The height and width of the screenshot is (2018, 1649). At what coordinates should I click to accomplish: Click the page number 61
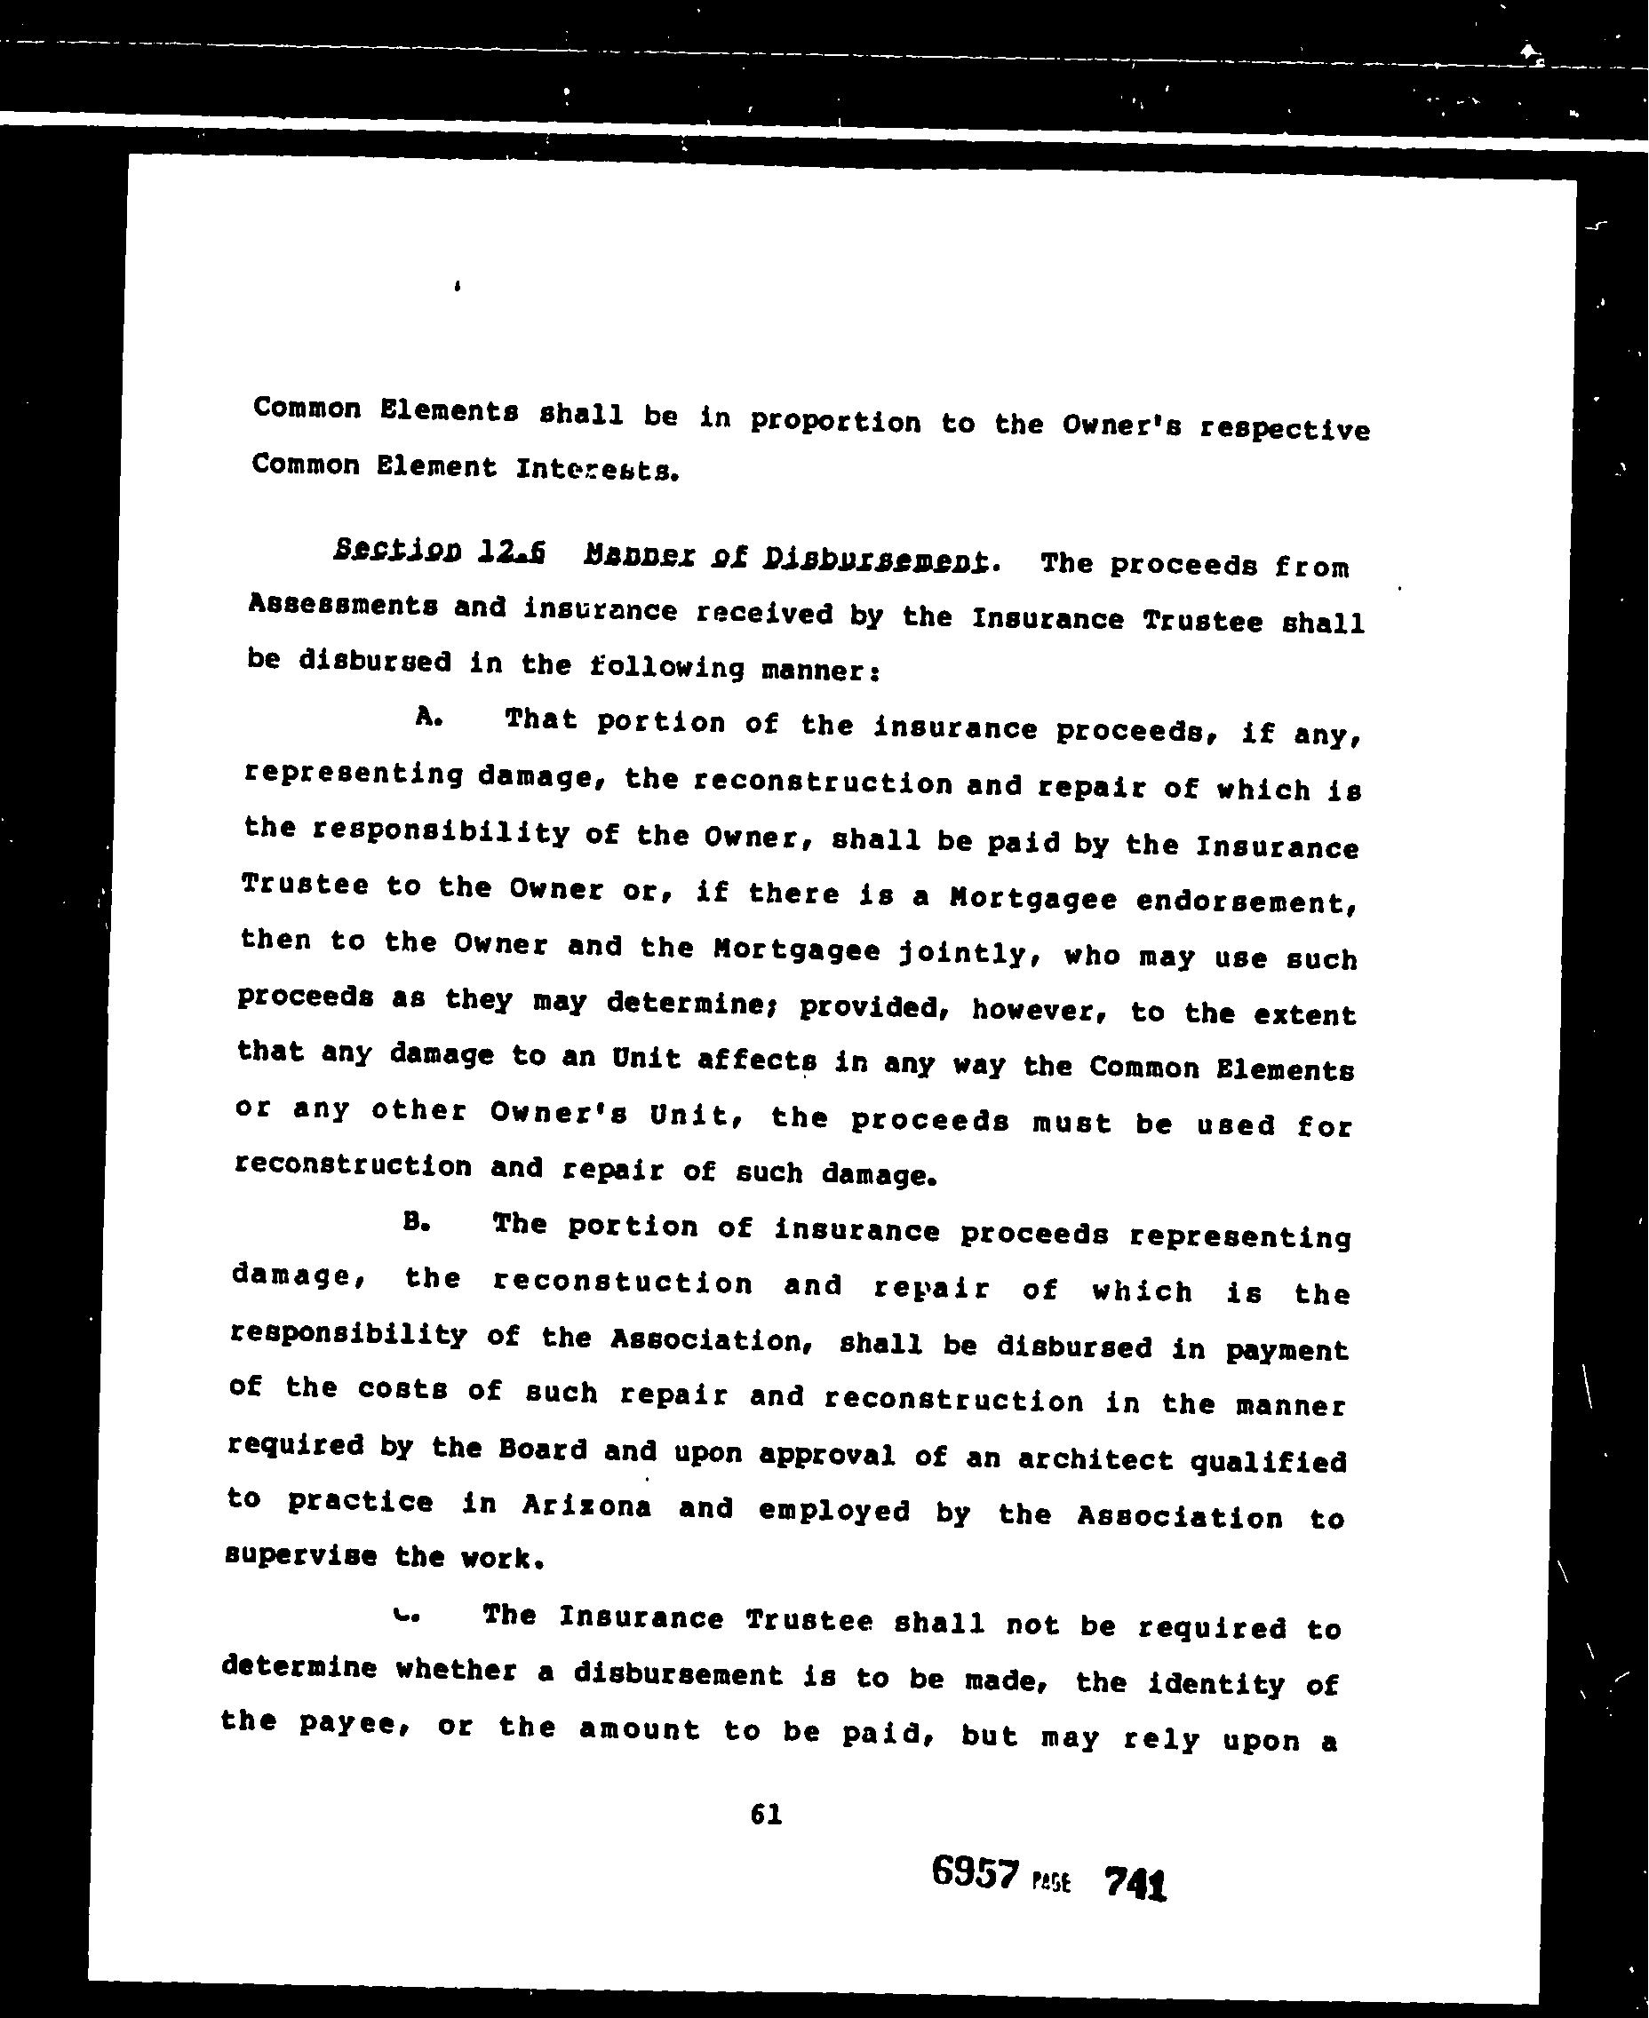coord(766,1815)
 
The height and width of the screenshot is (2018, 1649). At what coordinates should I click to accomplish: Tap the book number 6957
coord(975,1871)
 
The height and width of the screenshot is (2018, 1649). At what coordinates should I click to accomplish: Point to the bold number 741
coord(1135,1881)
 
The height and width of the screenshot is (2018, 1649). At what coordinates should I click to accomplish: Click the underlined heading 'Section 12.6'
coord(439,551)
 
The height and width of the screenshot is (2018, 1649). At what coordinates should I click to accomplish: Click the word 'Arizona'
coord(586,1506)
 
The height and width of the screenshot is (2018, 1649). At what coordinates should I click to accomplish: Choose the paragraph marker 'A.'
coord(429,718)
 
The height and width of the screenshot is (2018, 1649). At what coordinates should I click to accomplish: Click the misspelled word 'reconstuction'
coord(623,1282)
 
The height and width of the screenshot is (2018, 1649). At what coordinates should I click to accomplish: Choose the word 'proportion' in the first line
coord(835,422)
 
